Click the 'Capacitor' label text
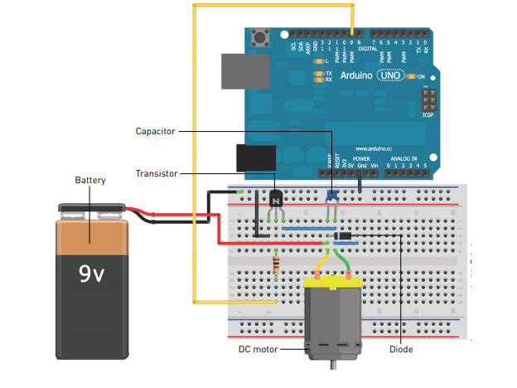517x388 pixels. pyautogui.click(x=154, y=131)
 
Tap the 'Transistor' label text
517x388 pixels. pyautogui.click(x=155, y=173)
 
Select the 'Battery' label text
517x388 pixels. pyautogui.click(x=90, y=180)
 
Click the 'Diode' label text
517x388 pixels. pyautogui.click(x=401, y=349)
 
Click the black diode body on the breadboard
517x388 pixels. pyautogui.click(x=348, y=235)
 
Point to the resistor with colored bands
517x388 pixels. pyautogui.click(x=276, y=264)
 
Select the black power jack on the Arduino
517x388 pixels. pyautogui.click(x=255, y=159)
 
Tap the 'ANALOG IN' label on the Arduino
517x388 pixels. pyautogui.click(x=403, y=158)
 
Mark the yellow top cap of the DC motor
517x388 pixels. pyautogui.click(x=333, y=284)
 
